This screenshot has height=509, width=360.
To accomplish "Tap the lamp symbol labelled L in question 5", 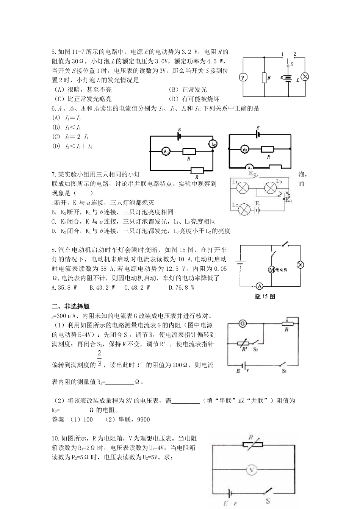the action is (305, 77).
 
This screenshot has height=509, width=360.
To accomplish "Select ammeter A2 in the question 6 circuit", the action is (213, 144).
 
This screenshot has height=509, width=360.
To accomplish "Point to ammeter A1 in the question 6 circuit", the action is (166, 151).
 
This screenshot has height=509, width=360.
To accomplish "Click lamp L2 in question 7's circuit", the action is (245, 208).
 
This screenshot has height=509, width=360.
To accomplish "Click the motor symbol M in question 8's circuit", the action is (271, 270).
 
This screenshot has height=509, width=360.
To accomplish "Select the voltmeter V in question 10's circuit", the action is (252, 470).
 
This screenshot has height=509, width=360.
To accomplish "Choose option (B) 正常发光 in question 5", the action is (188, 90).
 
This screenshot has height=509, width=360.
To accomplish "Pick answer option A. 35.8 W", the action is (64, 287).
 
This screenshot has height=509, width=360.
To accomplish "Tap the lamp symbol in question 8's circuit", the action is (300, 265).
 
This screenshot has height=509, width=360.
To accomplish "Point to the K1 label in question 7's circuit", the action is (288, 200).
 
